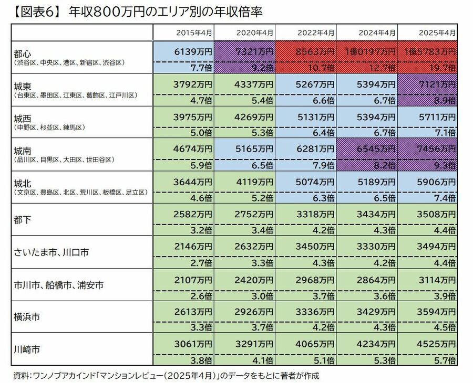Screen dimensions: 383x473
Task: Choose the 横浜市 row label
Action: tap(28, 317)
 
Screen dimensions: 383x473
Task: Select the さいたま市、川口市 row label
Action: tap(52, 252)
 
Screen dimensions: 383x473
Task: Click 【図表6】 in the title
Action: tap(33, 10)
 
